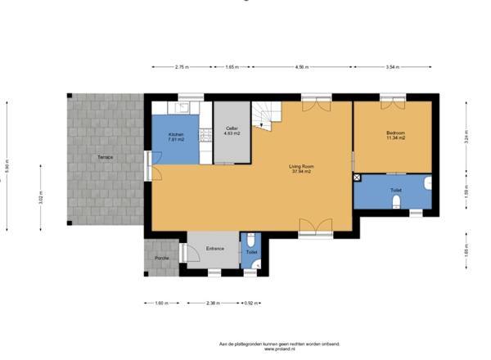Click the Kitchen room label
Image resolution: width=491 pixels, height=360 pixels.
[176, 136]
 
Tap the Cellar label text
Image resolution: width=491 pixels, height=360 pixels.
[232, 130]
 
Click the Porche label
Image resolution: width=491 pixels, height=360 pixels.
[163, 258]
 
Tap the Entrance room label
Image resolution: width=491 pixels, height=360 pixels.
[214, 248]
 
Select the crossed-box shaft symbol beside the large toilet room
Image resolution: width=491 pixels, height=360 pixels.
[357, 178]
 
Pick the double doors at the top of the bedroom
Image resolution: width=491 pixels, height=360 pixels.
[391, 104]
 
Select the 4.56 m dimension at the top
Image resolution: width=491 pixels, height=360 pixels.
[302, 68]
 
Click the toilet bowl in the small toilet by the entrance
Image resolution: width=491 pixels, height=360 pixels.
[250, 242]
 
